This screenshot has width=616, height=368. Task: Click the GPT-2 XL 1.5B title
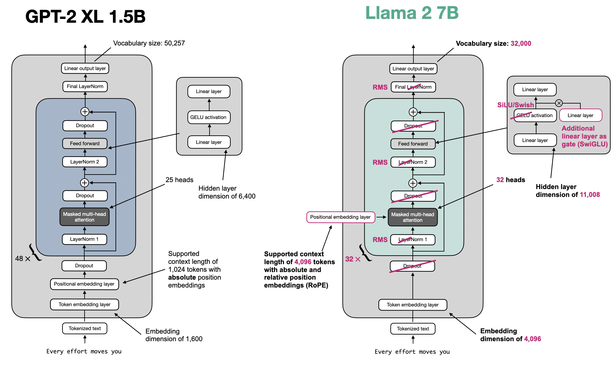click(x=85, y=16)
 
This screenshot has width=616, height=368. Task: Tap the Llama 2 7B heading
click(x=412, y=13)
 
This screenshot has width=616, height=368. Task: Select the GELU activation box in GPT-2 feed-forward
click(x=209, y=117)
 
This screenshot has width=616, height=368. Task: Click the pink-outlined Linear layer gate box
click(x=580, y=115)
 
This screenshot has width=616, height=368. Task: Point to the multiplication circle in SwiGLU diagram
click(x=559, y=103)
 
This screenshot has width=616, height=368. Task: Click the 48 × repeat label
click(x=23, y=258)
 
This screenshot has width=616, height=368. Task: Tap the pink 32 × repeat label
click(x=352, y=259)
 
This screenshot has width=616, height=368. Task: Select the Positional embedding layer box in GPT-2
click(x=84, y=284)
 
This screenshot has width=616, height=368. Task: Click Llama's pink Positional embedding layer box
click(x=341, y=217)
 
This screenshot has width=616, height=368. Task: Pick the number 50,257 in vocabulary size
click(x=175, y=43)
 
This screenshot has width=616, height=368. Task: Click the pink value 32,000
click(x=521, y=44)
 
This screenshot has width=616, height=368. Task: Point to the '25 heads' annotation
click(x=179, y=180)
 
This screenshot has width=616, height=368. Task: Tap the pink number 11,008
click(x=589, y=195)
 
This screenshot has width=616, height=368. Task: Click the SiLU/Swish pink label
click(x=515, y=105)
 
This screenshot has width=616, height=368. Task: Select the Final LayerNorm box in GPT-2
click(x=85, y=86)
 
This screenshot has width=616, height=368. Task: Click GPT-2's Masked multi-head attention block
click(x=84, y=217)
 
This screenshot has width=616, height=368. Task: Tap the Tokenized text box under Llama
click(x=412, y=329)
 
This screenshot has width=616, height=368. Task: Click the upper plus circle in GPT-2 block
click(x=85, y=112)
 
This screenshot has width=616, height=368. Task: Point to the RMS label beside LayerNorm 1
click(x=380, y=240)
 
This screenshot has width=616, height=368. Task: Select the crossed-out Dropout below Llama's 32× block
click(x=412, y=266)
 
